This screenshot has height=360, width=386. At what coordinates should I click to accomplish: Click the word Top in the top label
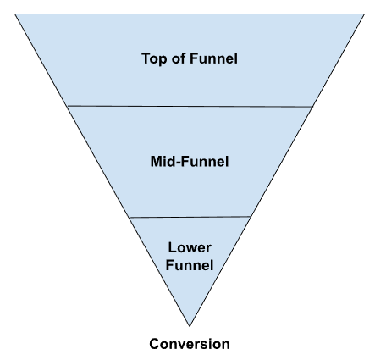point(155,59)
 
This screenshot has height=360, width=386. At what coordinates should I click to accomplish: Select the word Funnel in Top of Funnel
point(213,58)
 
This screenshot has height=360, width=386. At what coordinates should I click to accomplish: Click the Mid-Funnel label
point(190,162)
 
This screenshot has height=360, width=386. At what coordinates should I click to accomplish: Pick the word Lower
point(190,247)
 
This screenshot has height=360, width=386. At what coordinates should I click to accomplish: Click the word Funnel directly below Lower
point(190,265)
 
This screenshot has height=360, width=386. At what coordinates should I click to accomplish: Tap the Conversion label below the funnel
point(190,344)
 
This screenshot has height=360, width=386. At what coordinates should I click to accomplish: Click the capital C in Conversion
point(154,344)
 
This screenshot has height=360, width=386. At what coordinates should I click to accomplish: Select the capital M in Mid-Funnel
point(156,162)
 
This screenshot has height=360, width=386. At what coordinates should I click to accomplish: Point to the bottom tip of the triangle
point(190,326)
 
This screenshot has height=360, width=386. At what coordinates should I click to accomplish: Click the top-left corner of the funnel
point(15,14)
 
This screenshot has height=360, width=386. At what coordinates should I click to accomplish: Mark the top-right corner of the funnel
point(364,14)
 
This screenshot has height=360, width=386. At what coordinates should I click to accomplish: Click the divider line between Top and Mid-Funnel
point(190,107)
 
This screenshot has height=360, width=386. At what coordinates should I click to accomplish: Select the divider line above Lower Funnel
point(190,217)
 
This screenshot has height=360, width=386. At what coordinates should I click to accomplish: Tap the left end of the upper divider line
point(68,106)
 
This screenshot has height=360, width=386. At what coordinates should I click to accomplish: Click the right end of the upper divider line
point(312,107)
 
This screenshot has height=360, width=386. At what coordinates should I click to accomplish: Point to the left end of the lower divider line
point(130,218)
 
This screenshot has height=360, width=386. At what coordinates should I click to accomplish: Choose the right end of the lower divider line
point(251,217)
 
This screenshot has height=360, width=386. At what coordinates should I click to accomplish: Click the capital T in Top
point(146,58)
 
